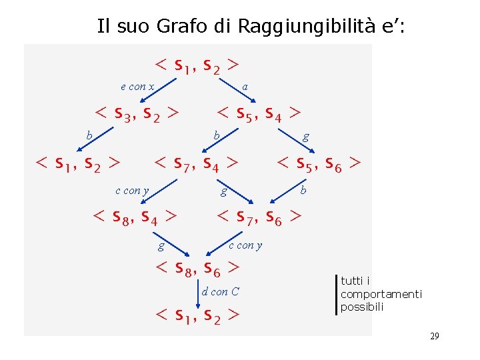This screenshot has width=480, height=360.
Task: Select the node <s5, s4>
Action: coord(259,113)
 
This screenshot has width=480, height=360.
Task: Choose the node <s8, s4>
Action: coord(135,216)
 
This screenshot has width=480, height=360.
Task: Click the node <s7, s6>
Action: coord(259,216)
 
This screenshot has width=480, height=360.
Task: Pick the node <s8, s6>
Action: coord(197,268)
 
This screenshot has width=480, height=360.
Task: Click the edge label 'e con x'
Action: coord(137,86)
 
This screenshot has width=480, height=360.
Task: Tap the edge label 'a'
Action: coord(245,86)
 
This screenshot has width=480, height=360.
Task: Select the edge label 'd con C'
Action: coord(220,291)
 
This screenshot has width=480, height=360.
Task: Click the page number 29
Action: coord(434,336)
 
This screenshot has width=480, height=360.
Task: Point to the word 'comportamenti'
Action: coord(381,294)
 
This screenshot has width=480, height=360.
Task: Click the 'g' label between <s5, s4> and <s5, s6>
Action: coord(305,137)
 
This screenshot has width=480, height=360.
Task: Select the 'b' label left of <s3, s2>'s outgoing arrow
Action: coord(89,136)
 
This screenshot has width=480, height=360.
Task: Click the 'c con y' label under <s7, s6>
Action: coord(245,245)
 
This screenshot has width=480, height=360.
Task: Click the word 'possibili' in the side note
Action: coord(362,307)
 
